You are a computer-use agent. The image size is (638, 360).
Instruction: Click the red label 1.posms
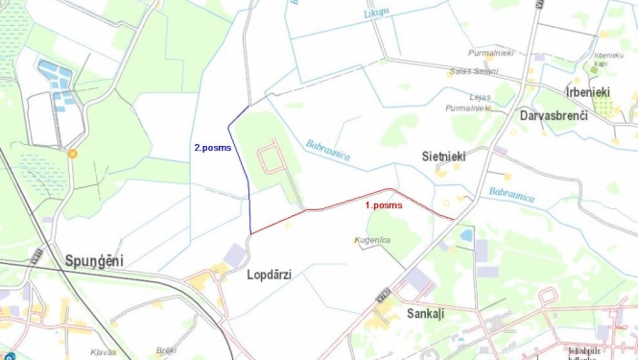tap(384, 205)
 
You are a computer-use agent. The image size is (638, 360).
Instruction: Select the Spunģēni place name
tap(94, 261)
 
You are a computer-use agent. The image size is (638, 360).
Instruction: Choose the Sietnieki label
tap(443, 155)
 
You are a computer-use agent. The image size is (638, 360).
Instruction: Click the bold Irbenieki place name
tap(588, 92)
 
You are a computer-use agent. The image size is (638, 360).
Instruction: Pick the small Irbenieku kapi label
tap(609, 60)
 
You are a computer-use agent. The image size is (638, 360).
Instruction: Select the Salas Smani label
tap(473, 71)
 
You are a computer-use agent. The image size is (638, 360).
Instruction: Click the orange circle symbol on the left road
tap(72, 153)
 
